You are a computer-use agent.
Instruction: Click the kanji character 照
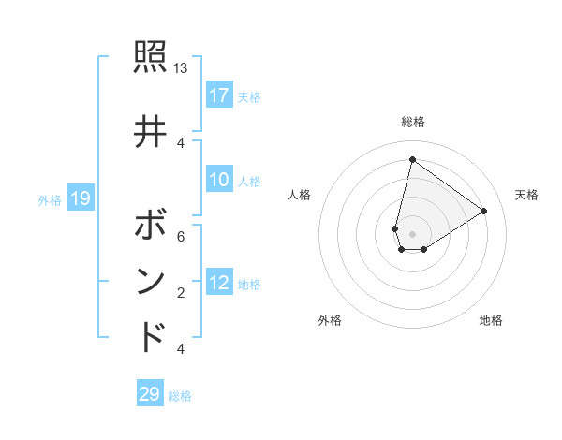[151, 58]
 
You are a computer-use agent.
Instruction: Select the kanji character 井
[151, 131]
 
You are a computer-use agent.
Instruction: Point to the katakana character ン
[151, 281]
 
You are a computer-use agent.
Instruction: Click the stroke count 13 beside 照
[180, 68]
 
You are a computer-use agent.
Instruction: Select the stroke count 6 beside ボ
[180, 236]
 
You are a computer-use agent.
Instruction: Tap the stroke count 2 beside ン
[180, 293]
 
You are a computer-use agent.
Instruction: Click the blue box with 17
[219, 95]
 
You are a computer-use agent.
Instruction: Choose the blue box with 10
[219, 180]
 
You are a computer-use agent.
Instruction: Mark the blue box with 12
[219, 283]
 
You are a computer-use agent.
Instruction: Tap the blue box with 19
[80, 198]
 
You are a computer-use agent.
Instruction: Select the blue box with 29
[150, 394]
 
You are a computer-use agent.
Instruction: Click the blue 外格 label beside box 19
[50, 198]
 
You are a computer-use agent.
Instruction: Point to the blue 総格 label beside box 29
[180, 395]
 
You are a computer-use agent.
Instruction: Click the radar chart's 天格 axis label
[526, 195]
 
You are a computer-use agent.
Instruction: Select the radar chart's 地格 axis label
[491, 320]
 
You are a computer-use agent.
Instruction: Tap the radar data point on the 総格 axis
[412, 159]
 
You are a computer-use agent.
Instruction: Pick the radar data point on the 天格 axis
[483, 211]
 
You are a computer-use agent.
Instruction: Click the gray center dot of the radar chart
[412, 234]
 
